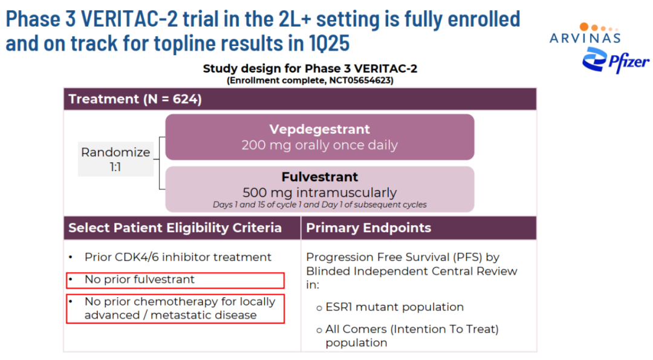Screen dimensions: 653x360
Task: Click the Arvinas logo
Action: (x=585, y=33)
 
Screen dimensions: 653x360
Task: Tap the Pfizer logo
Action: (x=616, y=60)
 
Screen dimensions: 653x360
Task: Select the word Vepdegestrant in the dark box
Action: (x=319, y=129)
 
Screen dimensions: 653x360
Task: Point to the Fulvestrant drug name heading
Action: (x=319, y=177)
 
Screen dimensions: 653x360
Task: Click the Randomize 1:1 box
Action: (x=115, y=159)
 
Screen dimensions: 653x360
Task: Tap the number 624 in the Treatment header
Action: (x=184, y=99)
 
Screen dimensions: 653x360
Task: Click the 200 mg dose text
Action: (x=319, y=145)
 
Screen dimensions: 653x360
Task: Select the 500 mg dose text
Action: (x=319, y=192)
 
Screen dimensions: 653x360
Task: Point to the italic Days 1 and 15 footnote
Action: (x=319, y=205)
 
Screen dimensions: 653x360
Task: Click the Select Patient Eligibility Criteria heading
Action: (x=175, y=228)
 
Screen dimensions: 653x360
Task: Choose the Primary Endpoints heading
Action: (x=369, y=228)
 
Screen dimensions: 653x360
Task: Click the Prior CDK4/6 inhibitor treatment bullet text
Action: (x=178, y=257)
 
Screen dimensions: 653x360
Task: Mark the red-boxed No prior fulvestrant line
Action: (x=175, y=280)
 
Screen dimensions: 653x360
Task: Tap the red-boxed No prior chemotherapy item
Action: (x=175, y=309)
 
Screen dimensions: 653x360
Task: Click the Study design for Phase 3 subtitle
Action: (x=310, y=69)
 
